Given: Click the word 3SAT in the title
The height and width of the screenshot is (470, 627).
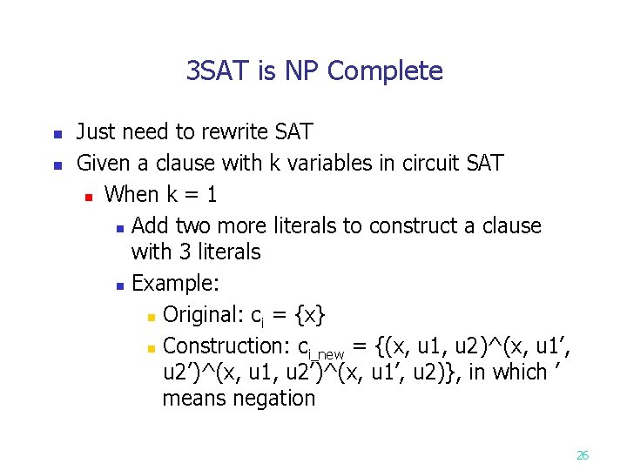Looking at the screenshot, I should point(218,70).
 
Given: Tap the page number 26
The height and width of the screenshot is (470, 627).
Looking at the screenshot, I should point(583,454).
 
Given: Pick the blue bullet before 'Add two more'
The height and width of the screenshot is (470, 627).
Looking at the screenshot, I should point(119,228).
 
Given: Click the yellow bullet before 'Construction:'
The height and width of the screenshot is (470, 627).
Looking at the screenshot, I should point(151,347).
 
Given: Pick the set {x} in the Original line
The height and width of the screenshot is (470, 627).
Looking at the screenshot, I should point(312,314).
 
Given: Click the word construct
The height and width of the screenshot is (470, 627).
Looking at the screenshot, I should point(413,225).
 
